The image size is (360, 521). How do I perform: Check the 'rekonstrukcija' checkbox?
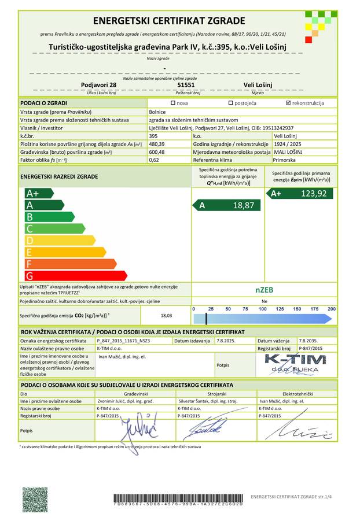[x=288, y=104]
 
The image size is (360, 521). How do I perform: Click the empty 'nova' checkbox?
[x=172, y=104]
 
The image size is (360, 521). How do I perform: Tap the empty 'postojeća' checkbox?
[x=230, y=104]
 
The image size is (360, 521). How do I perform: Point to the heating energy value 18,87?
[x=243, y=205]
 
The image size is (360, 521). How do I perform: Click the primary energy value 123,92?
[x=314, y=194]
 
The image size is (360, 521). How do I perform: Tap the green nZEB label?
[x=264, y=290]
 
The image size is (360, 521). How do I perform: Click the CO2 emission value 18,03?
[x=166, y=316]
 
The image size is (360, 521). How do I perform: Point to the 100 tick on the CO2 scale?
[x=262, y=309]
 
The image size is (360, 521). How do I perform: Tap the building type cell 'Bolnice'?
[x=158, y=112]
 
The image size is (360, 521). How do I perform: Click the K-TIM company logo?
[x=295, y=363]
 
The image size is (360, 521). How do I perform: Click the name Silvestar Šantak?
[x=207, y=400]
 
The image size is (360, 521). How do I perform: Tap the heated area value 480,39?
[x=157, y=143]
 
